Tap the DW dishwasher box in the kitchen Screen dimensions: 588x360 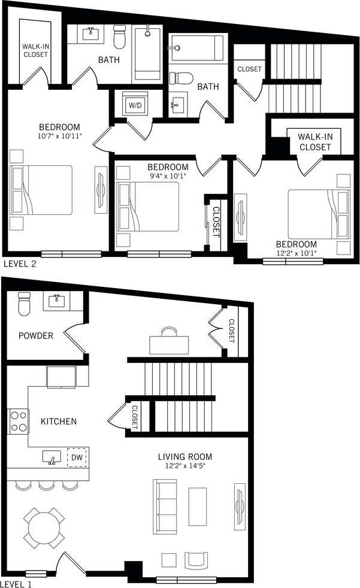pos(77,457)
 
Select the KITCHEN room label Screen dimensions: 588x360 pos(58,422)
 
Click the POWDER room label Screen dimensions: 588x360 pos(35,336)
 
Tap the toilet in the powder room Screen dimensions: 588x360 pos(24,304)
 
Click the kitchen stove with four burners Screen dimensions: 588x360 pos(19,421)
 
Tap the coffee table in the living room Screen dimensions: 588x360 pos(198,507)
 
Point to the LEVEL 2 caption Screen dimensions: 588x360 pos(20,263)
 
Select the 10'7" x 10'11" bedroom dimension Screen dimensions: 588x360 pos(59,136)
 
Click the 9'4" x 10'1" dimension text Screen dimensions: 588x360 pos(168,176)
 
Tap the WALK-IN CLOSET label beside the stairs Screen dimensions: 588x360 pos(314,142)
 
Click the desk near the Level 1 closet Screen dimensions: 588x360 pos(170,343)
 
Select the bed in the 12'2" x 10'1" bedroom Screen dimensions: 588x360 pos(318,214)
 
